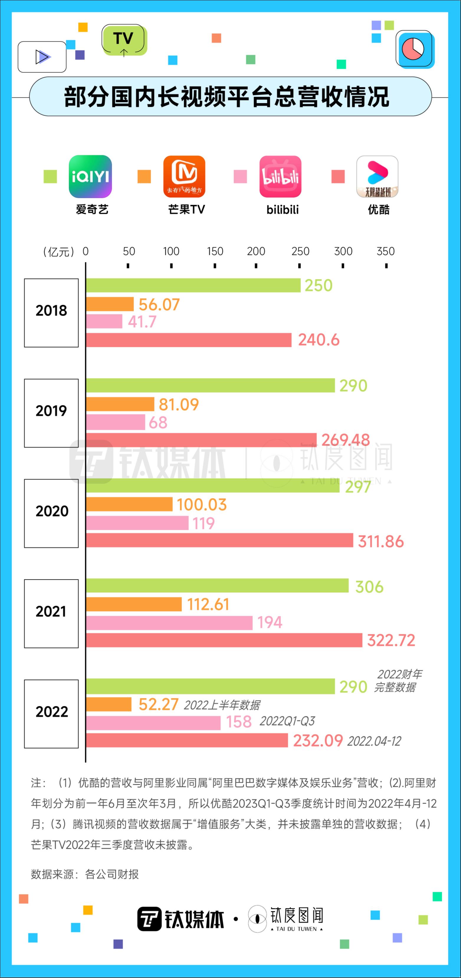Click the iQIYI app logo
point(90,176)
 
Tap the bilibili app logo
point(280,176)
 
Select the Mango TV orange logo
point(184,176)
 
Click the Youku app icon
point(377,176)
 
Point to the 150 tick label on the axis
point(215,251)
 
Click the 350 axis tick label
point(385,251)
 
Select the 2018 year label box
point(51,313)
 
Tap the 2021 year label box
point(51,614)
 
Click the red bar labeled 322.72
point(224,640)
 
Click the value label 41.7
point(142,322)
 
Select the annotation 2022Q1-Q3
point(287,721)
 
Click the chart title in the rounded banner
point(227,97)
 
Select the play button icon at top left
point(42,57)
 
